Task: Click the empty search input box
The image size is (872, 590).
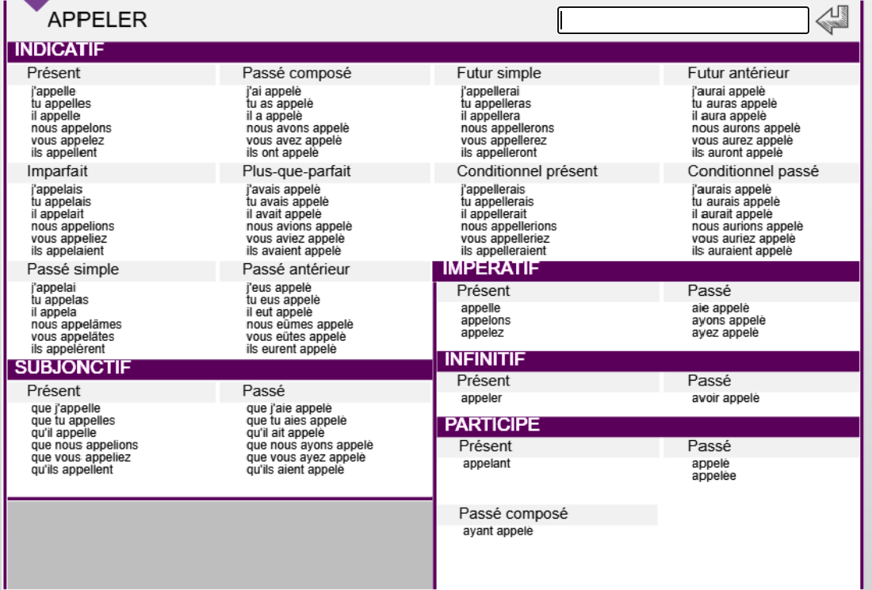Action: pyautogui.click(x=683, y=21)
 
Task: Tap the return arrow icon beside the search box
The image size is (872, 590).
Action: pyautogui.click(x=832, y=20)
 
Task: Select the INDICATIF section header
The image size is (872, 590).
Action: pyautogui.click(x=60, y=51)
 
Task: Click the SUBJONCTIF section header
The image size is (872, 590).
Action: pyautogui.click(x=73, y=367)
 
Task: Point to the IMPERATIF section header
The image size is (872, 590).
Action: pyautogui.click(x=491, y=269)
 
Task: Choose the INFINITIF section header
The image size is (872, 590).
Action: pyautogui.click(x=485, y=360)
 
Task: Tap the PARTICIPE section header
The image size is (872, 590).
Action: pyautogui.click(x=492, y=425)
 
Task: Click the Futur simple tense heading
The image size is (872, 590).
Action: pyautogui.click(x=499, y=73)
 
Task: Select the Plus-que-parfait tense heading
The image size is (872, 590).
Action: pyautogui.click(x=296, y=171)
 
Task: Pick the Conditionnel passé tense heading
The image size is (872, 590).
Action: pyautogui.click(x=753, y=171)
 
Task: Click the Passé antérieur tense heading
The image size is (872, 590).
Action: pyautogui.click(x=296, y=270)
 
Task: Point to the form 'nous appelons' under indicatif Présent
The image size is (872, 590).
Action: pyautogui.click(x=71, y=128)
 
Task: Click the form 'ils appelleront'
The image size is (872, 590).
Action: pyautogui.click(x=499, y=152)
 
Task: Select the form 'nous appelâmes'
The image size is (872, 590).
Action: pyautogui.click(x=77, y=324)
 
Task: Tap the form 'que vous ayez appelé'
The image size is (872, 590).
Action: pyautogui.click(x=306, y=458)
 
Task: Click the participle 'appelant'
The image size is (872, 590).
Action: pyautogui.click(x=487, y=464)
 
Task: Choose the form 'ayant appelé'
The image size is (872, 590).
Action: pyautogui.click(x=498, y=531)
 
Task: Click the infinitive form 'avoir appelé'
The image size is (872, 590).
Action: pyautogui.click(x=725, y=398)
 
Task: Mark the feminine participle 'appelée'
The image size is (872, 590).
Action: pyautogui.click(x=713, y=476)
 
